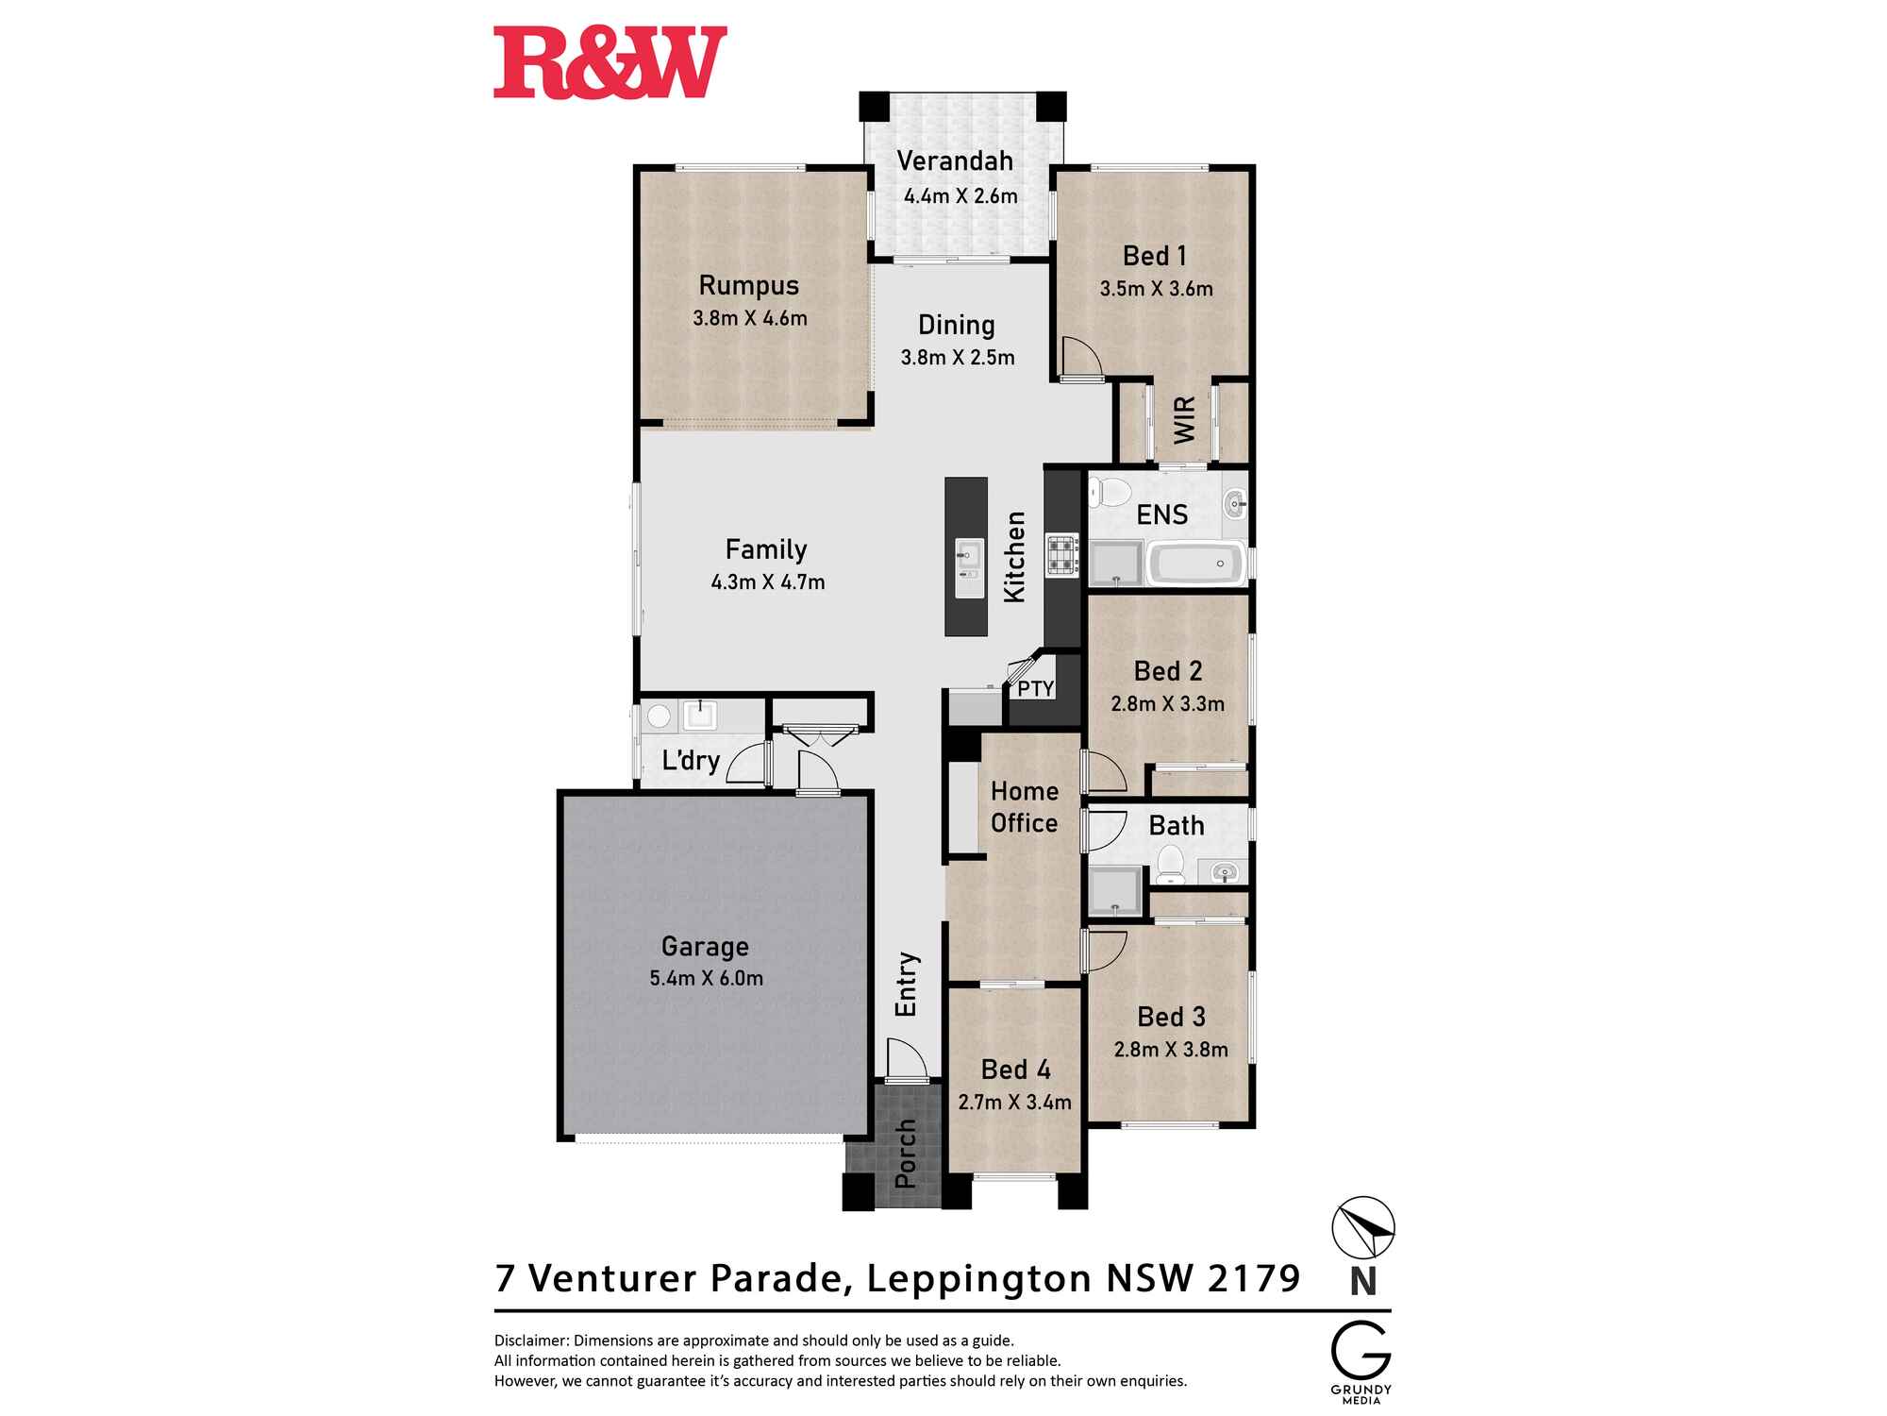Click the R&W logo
coord(610,62)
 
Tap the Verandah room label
coord(955,161)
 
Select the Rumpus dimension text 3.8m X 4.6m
coord(750,318)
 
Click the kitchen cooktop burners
coord(1061,555)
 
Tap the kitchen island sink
coord(968,567)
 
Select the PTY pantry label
coord(1035,689)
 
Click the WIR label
coord(1185,420)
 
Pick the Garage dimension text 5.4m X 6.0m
coord(707,978)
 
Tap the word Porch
coord(906,1154)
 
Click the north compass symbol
coord(1363,1228)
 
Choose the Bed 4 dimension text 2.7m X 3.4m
coord(1015,1102)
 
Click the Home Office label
coord(1025,807)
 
